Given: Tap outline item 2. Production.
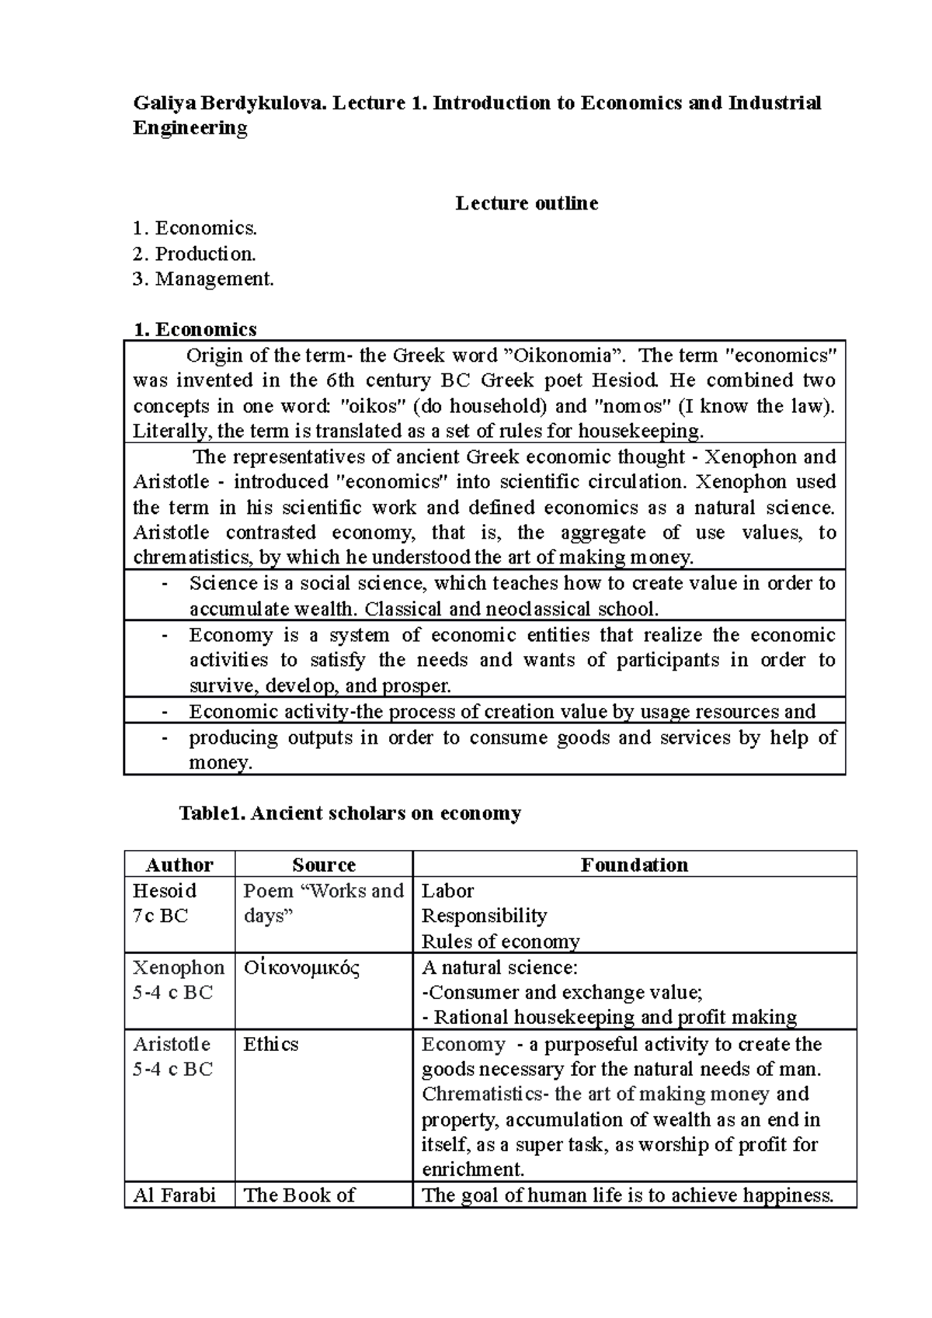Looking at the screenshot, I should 194,254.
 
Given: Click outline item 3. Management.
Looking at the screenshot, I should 203,279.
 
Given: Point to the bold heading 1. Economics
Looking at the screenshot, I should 195,329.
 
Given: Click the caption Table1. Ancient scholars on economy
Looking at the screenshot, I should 350,813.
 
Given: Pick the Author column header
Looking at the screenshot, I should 179,865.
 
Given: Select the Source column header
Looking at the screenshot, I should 323,865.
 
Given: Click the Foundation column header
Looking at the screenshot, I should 634,865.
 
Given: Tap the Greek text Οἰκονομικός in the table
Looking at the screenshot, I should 302,967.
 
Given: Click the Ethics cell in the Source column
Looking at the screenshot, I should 270,1044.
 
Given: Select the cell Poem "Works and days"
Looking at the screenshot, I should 323,903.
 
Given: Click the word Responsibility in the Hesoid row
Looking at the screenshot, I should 484,916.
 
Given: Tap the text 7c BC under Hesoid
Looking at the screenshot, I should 160,916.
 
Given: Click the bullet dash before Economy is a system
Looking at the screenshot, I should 164,635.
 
